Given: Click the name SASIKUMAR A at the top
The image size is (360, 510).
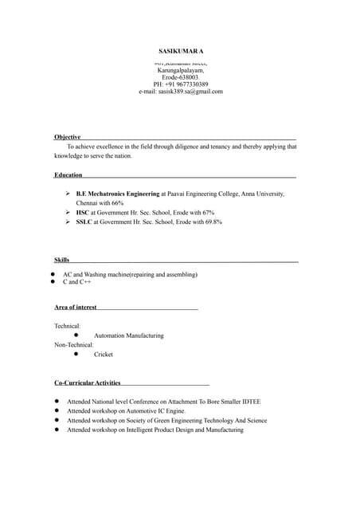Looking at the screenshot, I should click(181, 50).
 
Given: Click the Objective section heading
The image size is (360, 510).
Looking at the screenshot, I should click(67, 137).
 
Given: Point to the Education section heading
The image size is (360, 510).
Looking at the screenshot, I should click(68, 175).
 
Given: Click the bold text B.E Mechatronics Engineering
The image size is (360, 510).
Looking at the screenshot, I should click(118, 194).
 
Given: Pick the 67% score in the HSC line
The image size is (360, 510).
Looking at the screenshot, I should click(208, 213).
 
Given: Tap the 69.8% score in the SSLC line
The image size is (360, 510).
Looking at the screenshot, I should click(212, 222).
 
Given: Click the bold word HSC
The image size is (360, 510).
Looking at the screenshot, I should click(82, 213).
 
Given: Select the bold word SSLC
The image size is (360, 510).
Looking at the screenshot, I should click(84, 222).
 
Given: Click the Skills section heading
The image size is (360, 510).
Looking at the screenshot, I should click(61, 260).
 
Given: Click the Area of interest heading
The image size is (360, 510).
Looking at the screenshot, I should click(76, 307).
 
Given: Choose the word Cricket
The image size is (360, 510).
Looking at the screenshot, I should click(104, 355).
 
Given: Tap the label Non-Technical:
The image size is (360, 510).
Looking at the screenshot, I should click(74, 345).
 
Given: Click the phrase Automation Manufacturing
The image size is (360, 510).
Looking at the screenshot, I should click(128, 335).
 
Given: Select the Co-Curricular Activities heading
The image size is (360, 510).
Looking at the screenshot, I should click(88, 383).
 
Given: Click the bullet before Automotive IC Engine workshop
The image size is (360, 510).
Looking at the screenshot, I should click(57, 411).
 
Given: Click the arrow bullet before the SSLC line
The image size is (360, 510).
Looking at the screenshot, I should click(68, 222).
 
